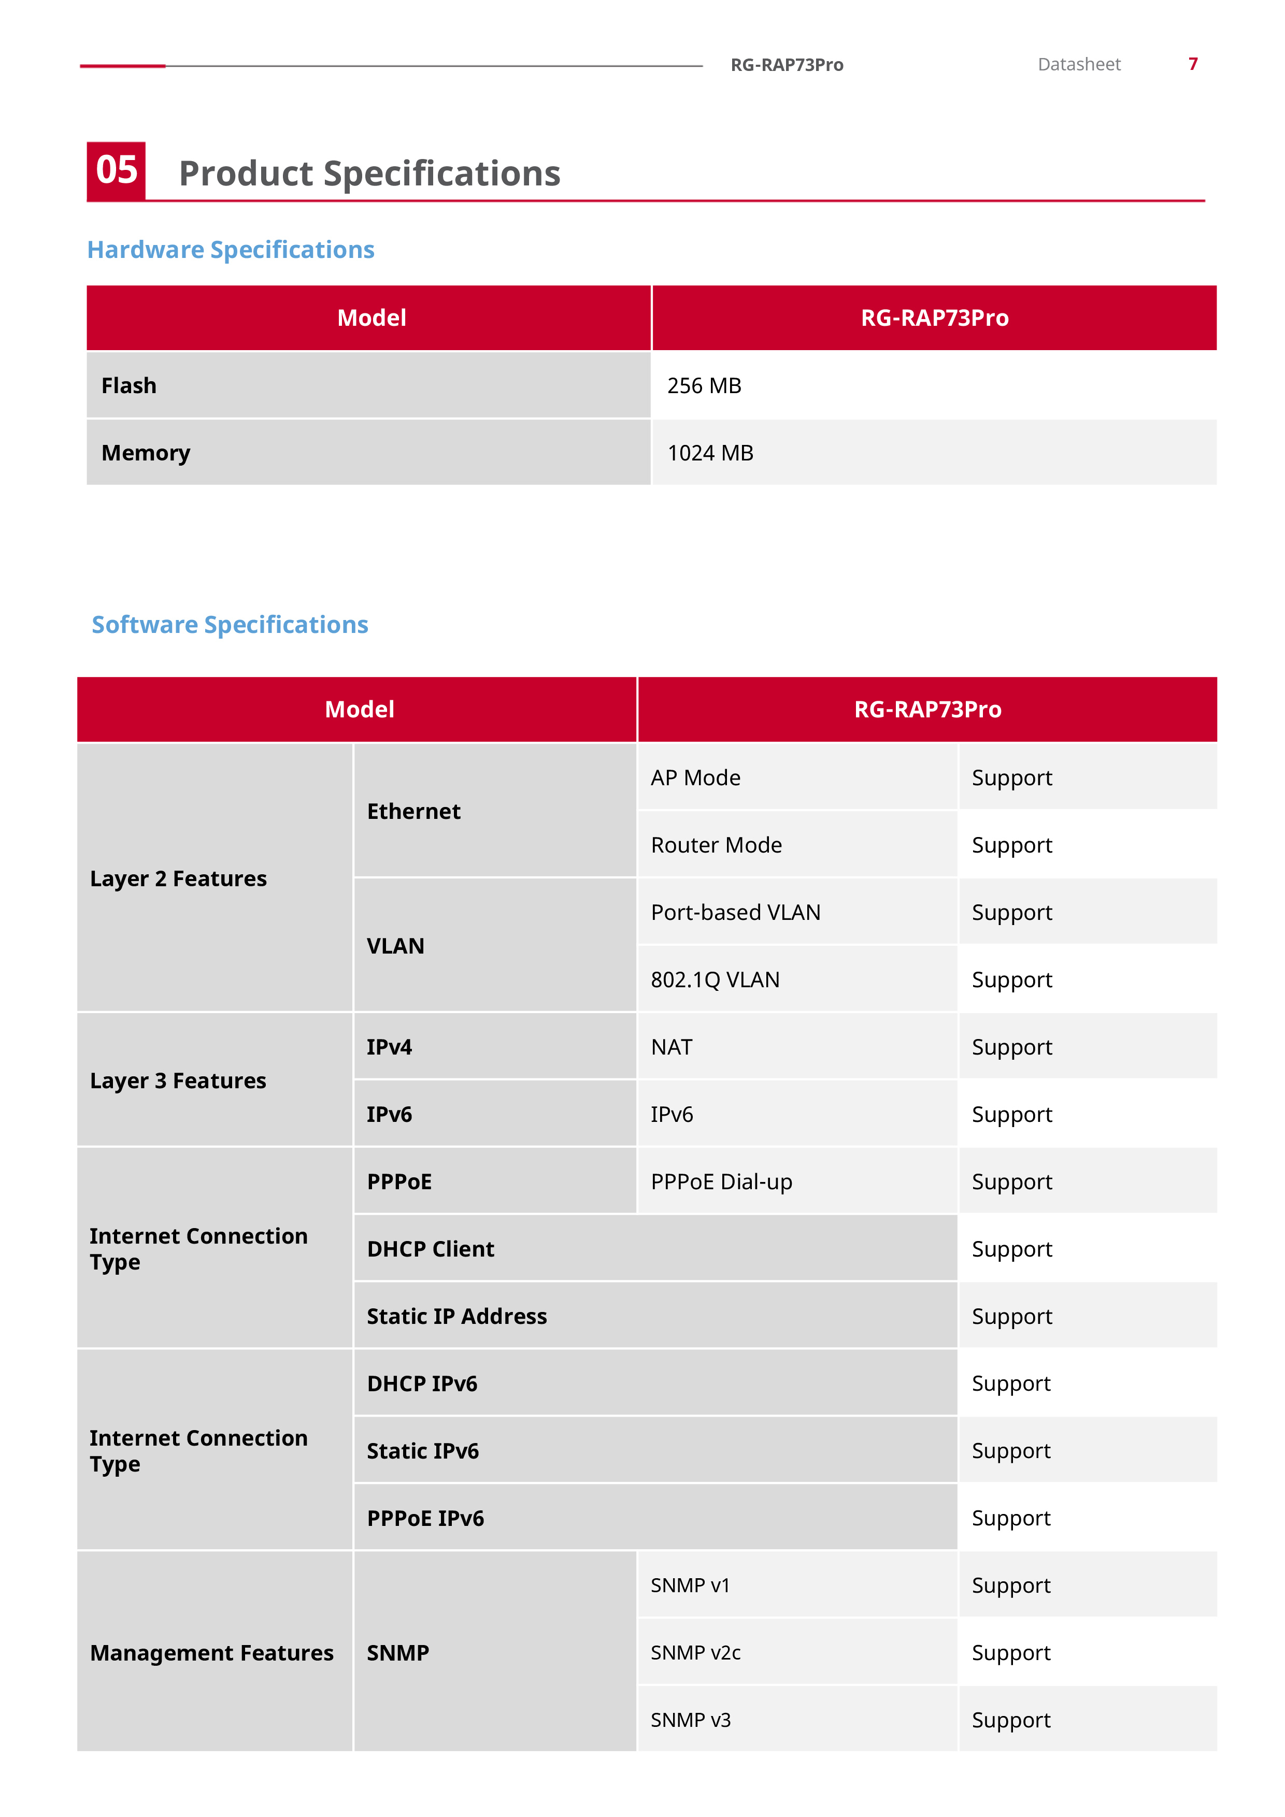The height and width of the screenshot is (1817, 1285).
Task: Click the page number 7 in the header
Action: (1192, 64)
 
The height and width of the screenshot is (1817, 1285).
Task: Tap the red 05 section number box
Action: (117, 171)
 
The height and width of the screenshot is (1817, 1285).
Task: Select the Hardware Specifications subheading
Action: (231, 250)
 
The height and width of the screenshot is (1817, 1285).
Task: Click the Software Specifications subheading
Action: (230, 625)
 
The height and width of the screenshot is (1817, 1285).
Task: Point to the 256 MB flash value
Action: (704, 386)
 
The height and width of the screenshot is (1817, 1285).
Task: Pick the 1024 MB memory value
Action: (710, 453)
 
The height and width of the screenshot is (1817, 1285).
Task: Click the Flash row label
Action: (129, 386)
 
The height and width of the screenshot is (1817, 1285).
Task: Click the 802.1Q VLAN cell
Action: (715, 980)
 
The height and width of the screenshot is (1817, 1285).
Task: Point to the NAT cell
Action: (672, 1047)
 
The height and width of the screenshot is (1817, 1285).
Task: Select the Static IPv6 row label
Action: (423, 1451)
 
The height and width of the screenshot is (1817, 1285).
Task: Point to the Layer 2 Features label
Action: (178, 878)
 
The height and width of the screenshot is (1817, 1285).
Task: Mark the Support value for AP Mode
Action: (1012, 778)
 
